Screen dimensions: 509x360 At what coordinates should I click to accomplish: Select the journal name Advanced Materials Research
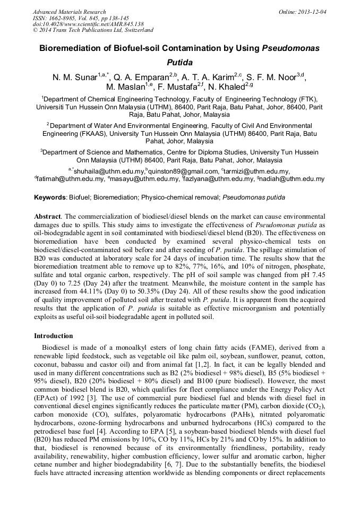point(69,11)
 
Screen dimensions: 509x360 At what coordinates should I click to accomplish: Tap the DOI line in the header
point(88,24)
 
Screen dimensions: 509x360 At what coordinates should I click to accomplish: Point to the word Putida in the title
point(179,62)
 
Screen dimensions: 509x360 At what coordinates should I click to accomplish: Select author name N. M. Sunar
point(74,77)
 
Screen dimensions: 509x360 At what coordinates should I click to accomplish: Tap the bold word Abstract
point(48,217)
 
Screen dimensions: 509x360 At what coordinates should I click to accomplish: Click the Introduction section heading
point(53,336)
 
